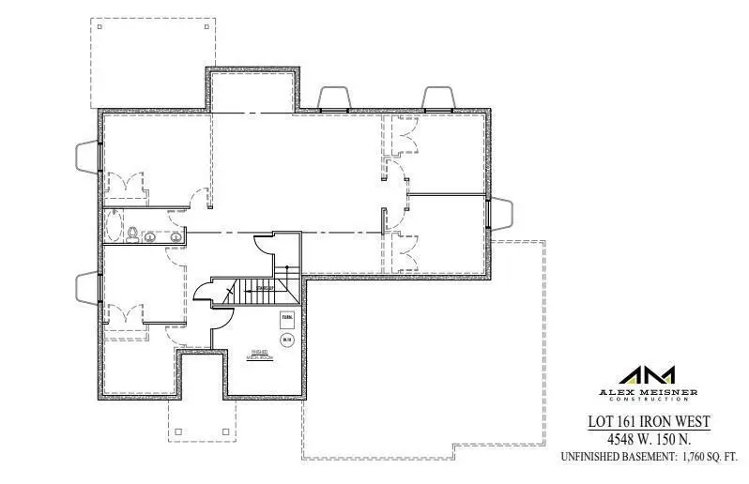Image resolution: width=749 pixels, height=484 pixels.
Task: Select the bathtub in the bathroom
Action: tap(115, 227)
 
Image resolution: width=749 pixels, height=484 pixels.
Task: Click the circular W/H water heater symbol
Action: tap(288, 339)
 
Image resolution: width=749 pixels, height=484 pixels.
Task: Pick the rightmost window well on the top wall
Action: tap(439, 98)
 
